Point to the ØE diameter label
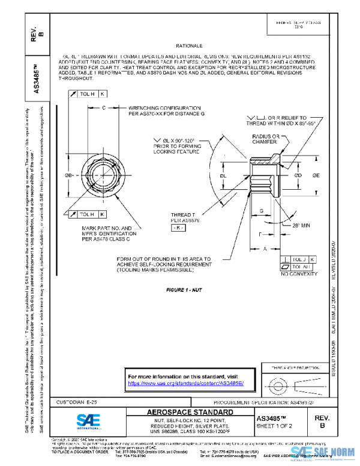316,175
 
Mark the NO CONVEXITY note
294,274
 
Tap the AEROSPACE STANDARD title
190,413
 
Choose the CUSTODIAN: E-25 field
77,401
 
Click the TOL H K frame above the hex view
87,94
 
